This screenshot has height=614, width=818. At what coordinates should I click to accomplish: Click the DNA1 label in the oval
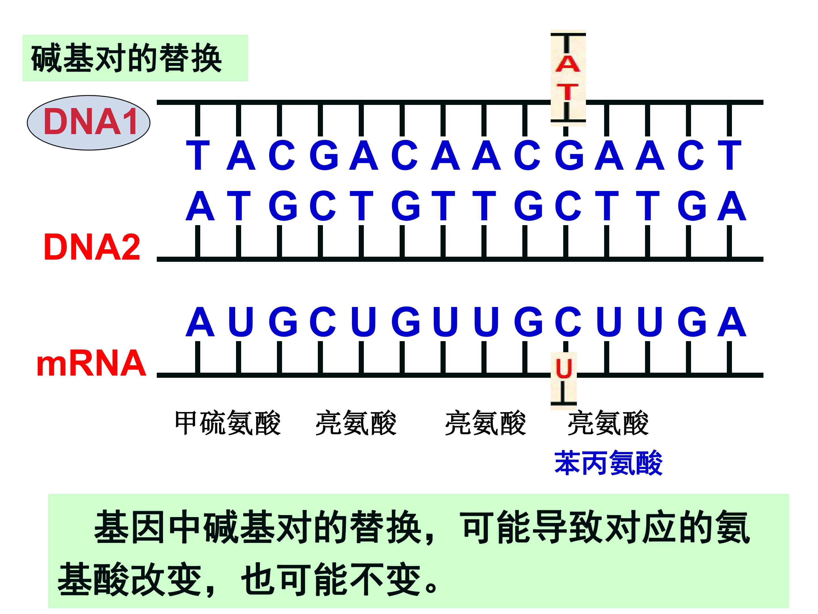90,122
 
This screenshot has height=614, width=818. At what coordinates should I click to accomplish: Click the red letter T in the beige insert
567,92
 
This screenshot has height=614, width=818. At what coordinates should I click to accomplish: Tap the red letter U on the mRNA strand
564,368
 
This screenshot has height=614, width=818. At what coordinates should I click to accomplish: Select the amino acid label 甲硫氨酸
228,423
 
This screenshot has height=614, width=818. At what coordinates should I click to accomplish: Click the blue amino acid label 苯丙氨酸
608,462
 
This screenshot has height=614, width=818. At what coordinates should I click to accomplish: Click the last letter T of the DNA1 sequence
730,155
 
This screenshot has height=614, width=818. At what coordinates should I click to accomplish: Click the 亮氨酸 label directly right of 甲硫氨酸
356,423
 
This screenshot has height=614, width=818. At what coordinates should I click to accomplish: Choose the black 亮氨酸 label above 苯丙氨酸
608,423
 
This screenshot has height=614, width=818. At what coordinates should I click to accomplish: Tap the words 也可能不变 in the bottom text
331,579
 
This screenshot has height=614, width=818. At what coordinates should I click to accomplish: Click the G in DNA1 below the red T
569,155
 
